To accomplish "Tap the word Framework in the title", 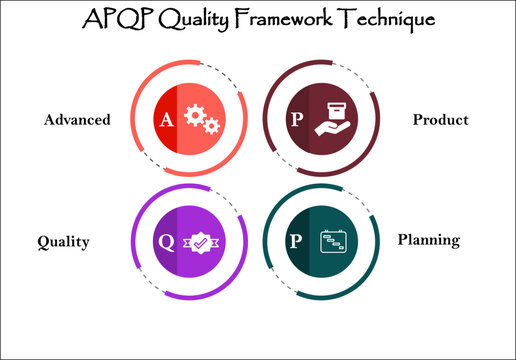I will point(299,19).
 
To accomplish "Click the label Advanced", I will point(76,120).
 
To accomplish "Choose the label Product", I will point(441,120).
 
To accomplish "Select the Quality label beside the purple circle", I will point(63,241).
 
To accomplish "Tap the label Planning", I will point(428,240).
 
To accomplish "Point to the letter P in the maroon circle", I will point(294,119).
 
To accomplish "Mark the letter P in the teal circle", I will point(294,240).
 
